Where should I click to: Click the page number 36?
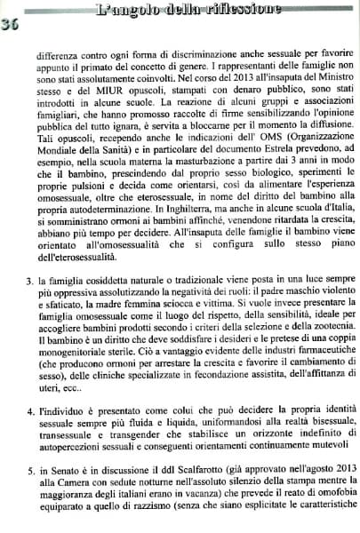[x=11, y=24]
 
